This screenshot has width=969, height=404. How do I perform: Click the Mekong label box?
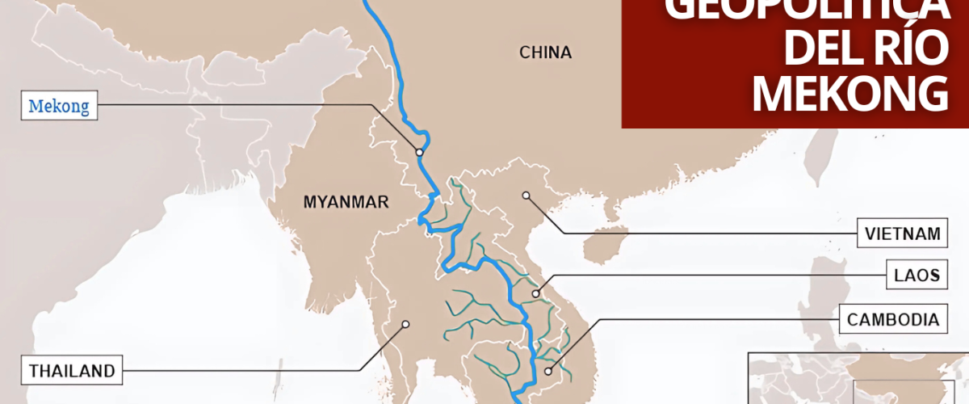(60, 105)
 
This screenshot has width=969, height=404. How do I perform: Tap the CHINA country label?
(545, 53)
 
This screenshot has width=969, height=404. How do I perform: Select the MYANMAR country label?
(346, 202)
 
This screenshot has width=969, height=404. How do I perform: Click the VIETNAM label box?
(902, 234)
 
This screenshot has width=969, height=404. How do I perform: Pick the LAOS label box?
(916, 275)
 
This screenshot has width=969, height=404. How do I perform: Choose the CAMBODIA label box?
(893, 319)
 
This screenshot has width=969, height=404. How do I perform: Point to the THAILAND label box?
(73, 372)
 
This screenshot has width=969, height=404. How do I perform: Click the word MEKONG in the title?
(849, 95)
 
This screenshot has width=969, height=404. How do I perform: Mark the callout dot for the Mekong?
(420, 152)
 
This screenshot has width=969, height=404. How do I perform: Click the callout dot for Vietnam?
(525, 195)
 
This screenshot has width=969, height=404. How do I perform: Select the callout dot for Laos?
(535, 293)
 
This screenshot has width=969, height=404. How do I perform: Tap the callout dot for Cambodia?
(548, 372)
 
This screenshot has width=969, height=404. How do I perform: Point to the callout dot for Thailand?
(406, 325)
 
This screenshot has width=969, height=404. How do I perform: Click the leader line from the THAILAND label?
(242, 371)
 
